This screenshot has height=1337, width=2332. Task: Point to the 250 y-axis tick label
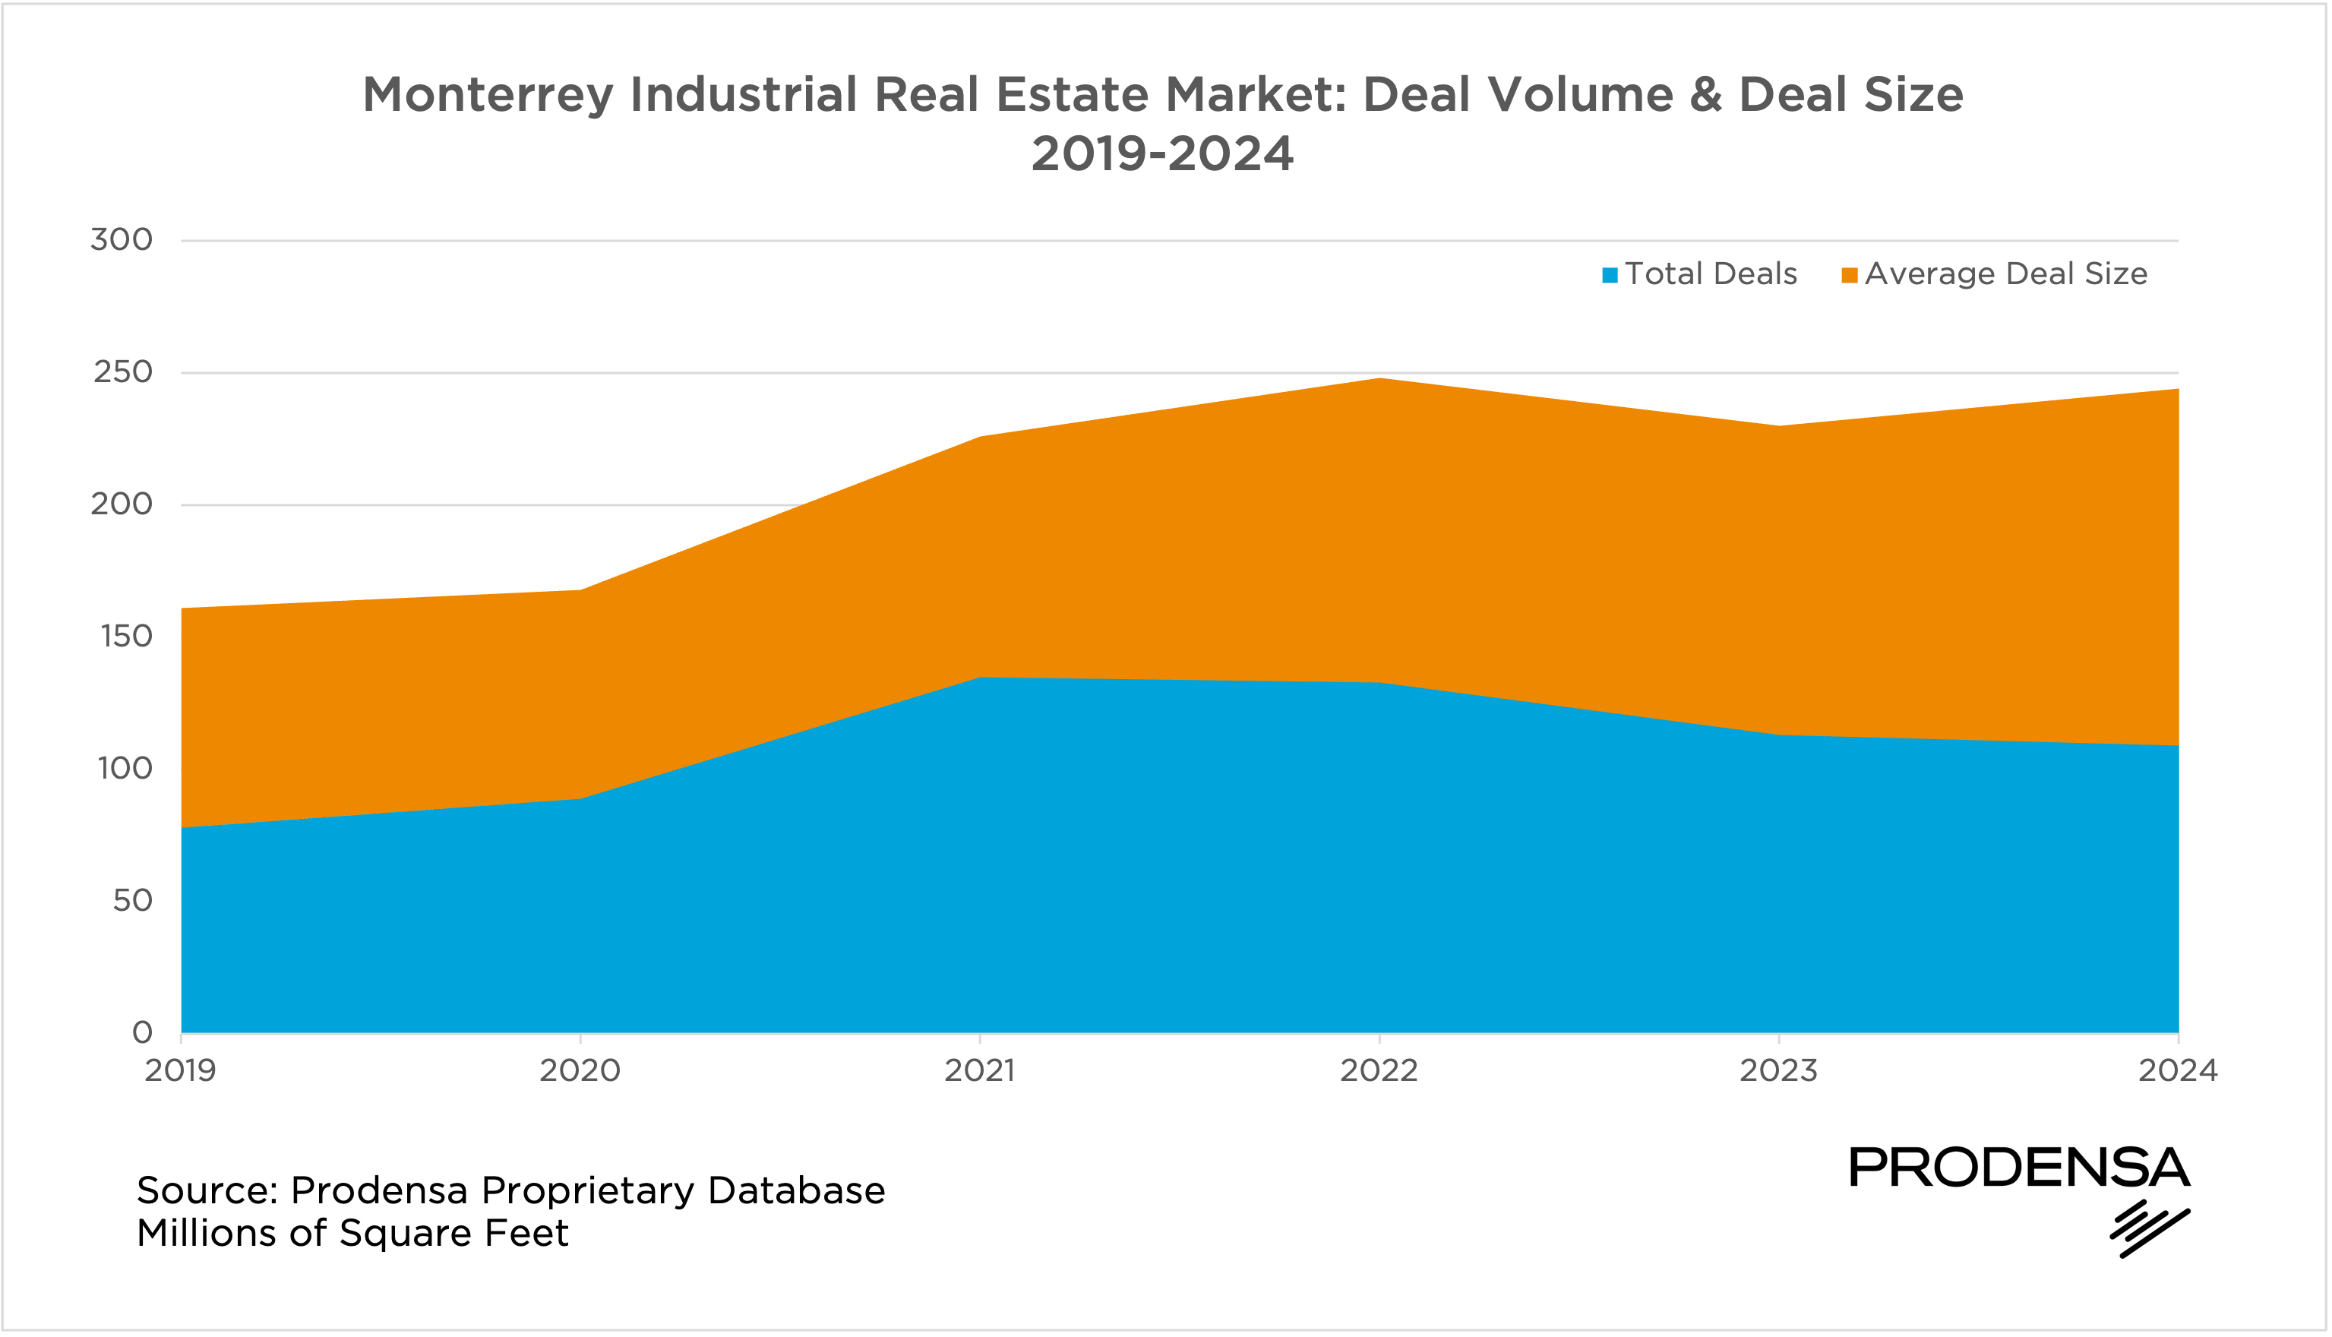(x=123, y=372)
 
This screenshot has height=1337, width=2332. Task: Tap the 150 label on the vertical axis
(x=126, y=637)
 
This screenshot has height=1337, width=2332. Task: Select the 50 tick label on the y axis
(x=132, y=900)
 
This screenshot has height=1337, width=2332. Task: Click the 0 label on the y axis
(x=142, y=1032)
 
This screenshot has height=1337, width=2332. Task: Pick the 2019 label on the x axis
(x=180, y=1070)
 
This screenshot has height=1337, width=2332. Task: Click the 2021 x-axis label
(x=980, y=1070)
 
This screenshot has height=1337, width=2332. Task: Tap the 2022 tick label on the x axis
(x=1379, y=1070)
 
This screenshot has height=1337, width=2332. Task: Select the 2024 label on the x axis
(x=2178, y=1070)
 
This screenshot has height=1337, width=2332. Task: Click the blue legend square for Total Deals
(x=1610, y=276)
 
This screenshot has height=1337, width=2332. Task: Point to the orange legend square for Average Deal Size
(x=1850, y=276)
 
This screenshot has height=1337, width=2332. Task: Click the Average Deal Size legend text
(x=2006, y=273)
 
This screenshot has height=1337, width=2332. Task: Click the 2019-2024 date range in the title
(x=1162, y=153)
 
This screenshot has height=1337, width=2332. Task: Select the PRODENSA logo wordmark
(x=2019, y=1168)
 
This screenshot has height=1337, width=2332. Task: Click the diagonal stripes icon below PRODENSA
(x=2148, y=1228)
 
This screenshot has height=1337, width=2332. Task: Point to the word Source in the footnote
(x=207, y=1191)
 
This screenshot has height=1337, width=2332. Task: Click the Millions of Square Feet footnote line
(x=352, y=1233)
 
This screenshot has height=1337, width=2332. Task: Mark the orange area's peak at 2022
(x=1379, y=379)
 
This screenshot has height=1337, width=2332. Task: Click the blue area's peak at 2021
(x=981, y=678)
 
